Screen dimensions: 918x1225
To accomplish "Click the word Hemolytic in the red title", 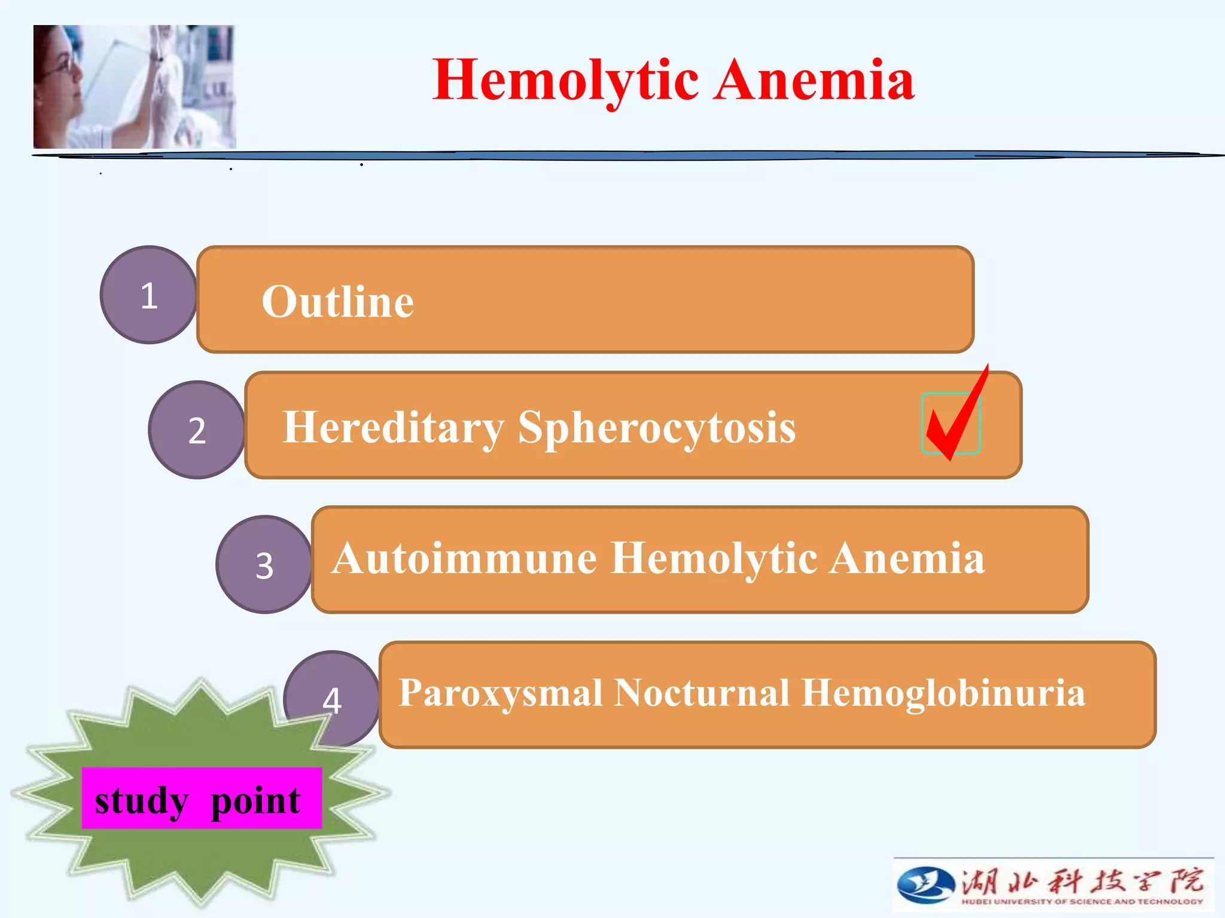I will click(565, 81).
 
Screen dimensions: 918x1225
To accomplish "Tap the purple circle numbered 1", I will click(148, 295).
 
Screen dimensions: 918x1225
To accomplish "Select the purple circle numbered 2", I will click(197, 430).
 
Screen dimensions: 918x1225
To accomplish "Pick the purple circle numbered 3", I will click(264, 565).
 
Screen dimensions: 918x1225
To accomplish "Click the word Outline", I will click(337, 301).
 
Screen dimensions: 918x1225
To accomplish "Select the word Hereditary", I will click(393, 428).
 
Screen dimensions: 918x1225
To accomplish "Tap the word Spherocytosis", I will click(656, 428).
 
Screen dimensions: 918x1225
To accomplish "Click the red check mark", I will click(955, 418).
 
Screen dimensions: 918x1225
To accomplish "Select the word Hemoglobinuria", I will click(943, 693).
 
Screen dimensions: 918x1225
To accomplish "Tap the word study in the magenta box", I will click(141, 801).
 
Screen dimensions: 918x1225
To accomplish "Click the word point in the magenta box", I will click(255, 801).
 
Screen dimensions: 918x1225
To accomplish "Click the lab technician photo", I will click(135, 87).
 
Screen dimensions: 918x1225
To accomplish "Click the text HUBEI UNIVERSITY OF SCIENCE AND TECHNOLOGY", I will click(1081, 901).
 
